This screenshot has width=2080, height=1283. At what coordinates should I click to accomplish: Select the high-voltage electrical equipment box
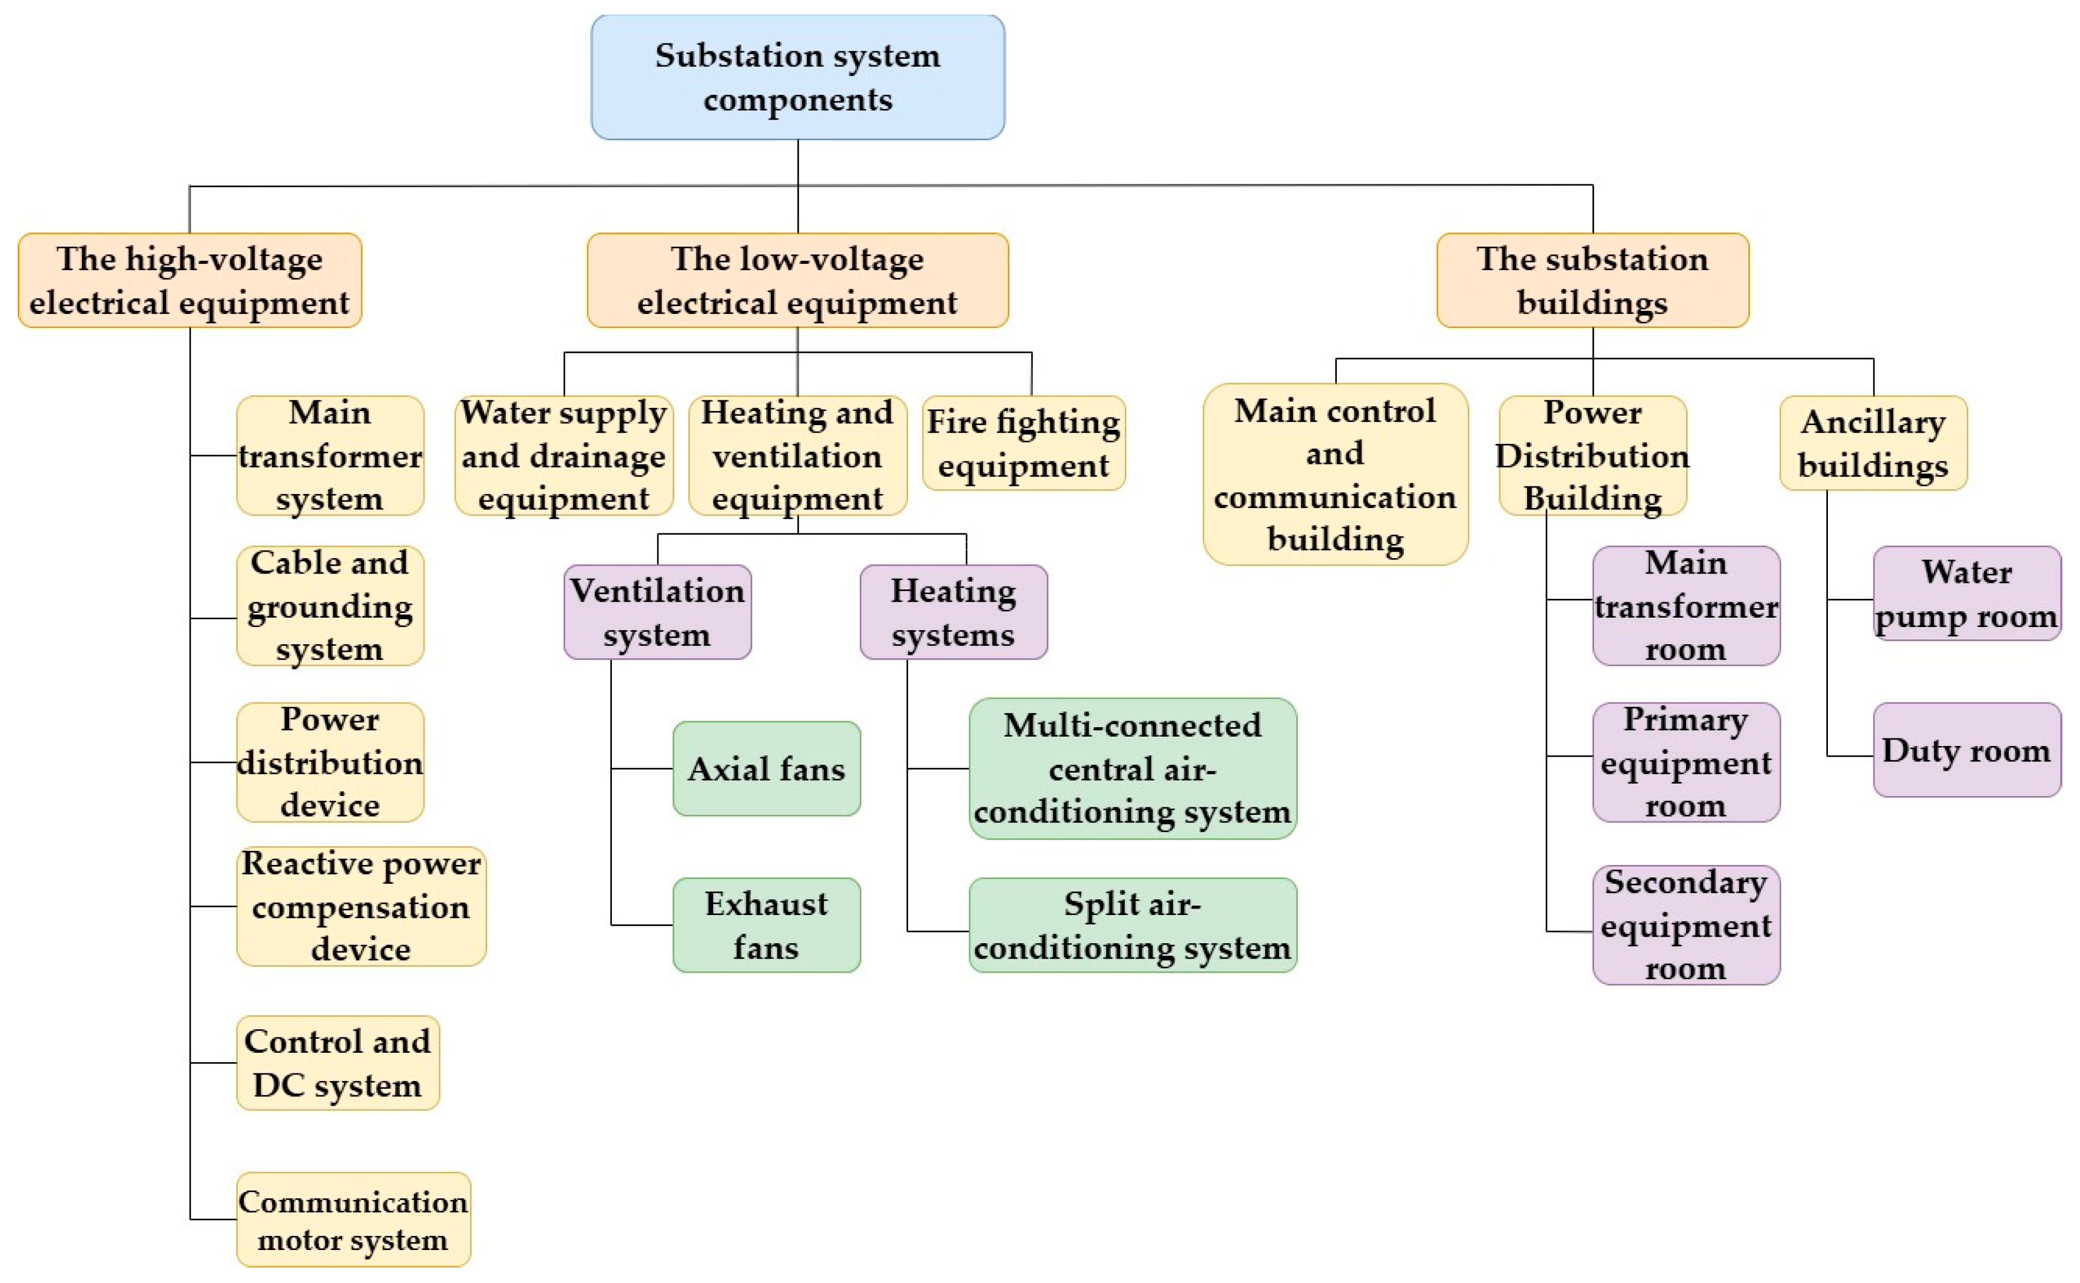[x=189, y=281]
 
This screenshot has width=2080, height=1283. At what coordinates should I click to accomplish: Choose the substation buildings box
[x=1592, y=281]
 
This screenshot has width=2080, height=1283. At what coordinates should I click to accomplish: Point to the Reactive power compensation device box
[x=360, y=906]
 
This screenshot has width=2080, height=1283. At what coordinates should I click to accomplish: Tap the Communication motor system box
[x=352, y=1219]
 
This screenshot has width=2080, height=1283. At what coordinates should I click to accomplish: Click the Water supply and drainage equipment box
[x=564, y=456]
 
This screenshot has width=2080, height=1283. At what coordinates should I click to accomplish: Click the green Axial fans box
[x=766, y=769]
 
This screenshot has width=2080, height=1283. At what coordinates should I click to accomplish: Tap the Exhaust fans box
[x=766, y=925]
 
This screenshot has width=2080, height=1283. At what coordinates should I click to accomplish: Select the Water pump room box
[x=1966, y=593]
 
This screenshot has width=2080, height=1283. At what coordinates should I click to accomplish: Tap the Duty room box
[x=1966, y=750]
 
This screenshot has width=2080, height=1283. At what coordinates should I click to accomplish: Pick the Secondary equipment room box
[x=1685, y=925]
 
